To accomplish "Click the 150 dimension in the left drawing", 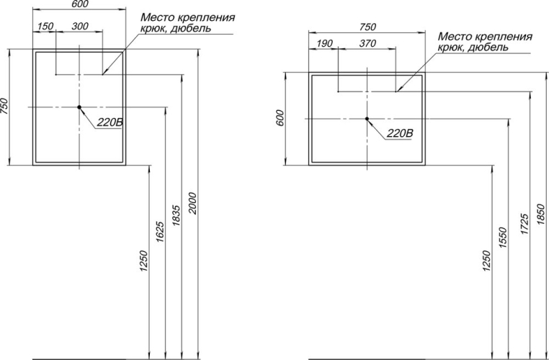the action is [45, 26].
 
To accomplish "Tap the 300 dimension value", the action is [80, 26].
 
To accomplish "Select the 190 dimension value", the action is [324, 43].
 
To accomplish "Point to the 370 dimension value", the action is [367, 43].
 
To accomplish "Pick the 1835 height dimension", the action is [177, 215].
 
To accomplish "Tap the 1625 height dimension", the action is [160, 232].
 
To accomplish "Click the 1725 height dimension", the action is [524, 223].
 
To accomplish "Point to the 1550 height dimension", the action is [503, 238].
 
